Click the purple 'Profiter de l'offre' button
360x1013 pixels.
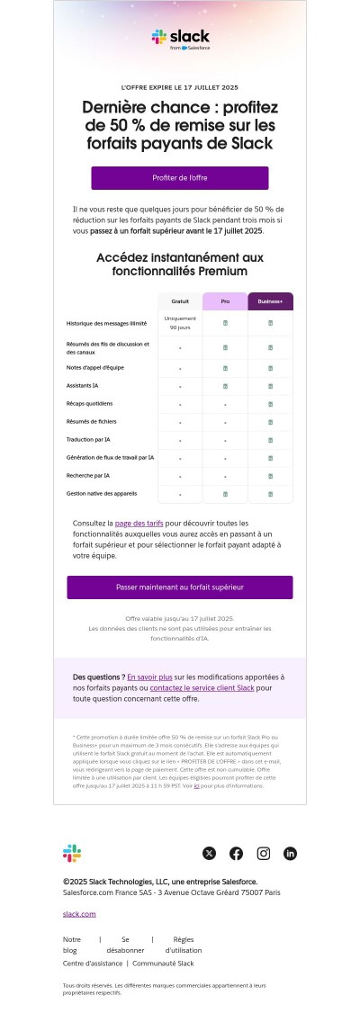180,178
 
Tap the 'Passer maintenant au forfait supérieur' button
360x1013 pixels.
180,587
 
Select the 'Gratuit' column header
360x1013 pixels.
180,301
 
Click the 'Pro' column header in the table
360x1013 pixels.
225,301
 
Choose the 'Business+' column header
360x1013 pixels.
271,301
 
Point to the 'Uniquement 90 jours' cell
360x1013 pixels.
180,323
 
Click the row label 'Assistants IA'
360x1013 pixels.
84,386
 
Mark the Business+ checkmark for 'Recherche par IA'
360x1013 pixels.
271,476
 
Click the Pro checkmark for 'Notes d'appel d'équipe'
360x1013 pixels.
225,368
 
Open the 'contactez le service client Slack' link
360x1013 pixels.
202,687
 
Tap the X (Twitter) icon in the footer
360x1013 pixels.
210,853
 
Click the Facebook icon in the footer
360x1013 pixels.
237,853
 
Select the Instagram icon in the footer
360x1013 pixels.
264,853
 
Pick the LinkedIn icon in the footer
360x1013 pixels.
291,853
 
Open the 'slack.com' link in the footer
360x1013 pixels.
79,914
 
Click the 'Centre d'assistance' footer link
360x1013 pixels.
93,964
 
